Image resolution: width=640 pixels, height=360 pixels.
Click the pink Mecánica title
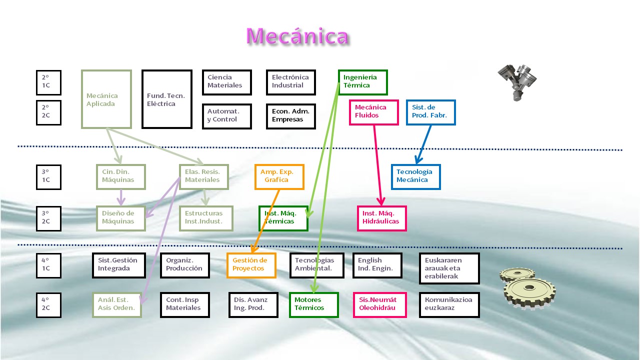tap(297, 36)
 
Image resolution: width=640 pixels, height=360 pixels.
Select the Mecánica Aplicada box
tap(106, 99)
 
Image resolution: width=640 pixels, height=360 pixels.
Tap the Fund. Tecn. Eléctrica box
tap(166, 99)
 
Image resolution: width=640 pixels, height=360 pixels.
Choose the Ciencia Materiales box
tap(226, 82)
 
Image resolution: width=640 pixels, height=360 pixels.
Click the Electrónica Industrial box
tap(290, 82)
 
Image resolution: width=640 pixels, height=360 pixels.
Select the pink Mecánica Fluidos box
tap(373, 112)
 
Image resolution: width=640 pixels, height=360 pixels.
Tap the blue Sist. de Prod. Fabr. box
tap(430, 112)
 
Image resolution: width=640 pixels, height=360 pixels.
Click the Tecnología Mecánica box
tap(415, 176)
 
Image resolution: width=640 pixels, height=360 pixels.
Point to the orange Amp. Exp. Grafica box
tap(279, 176)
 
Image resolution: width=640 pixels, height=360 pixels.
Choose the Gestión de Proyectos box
tap(251, 265)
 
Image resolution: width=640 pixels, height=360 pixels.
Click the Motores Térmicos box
tap(313, 304)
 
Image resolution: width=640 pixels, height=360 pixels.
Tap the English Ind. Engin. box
tap(377, 265)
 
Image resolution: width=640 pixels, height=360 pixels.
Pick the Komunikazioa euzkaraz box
tap(449, 304)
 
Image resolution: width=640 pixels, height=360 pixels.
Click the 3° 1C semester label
tap(48, 177)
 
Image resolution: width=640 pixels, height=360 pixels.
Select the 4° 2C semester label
tap(48, 304)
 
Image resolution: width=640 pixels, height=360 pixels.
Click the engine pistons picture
tap(518, 81)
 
